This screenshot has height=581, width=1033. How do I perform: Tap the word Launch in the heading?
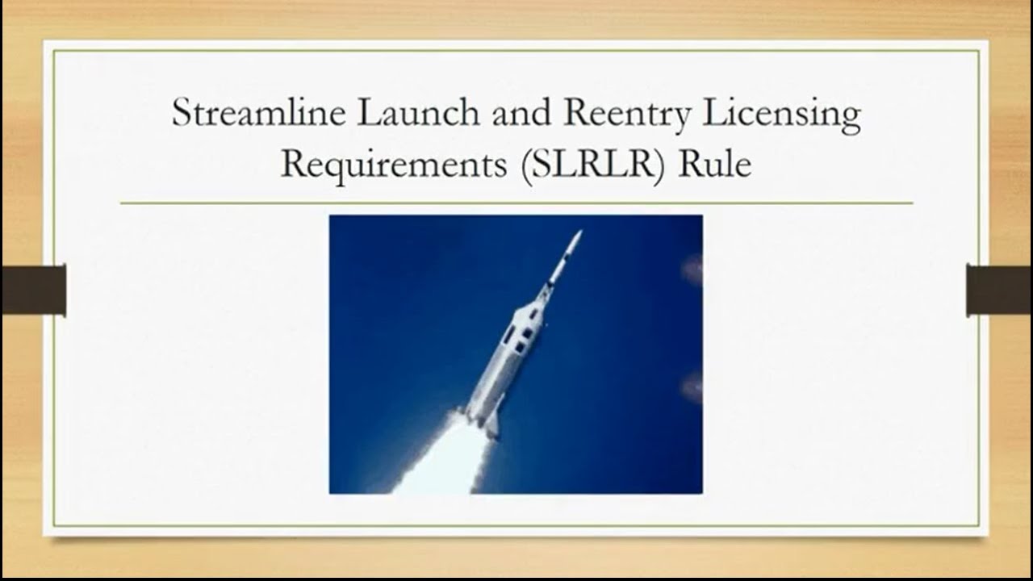(x=418, y=113)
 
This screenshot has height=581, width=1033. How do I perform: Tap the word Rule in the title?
(x=714, y=164)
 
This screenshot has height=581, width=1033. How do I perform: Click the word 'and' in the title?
(x=521, y=113)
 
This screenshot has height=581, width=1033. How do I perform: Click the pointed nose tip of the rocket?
(x=577, y=235)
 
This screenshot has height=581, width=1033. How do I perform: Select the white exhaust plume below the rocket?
(x=440, y=460)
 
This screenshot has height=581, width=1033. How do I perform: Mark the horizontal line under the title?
(x=516, y=203)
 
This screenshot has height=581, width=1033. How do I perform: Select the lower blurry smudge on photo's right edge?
(x=692, y=387)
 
